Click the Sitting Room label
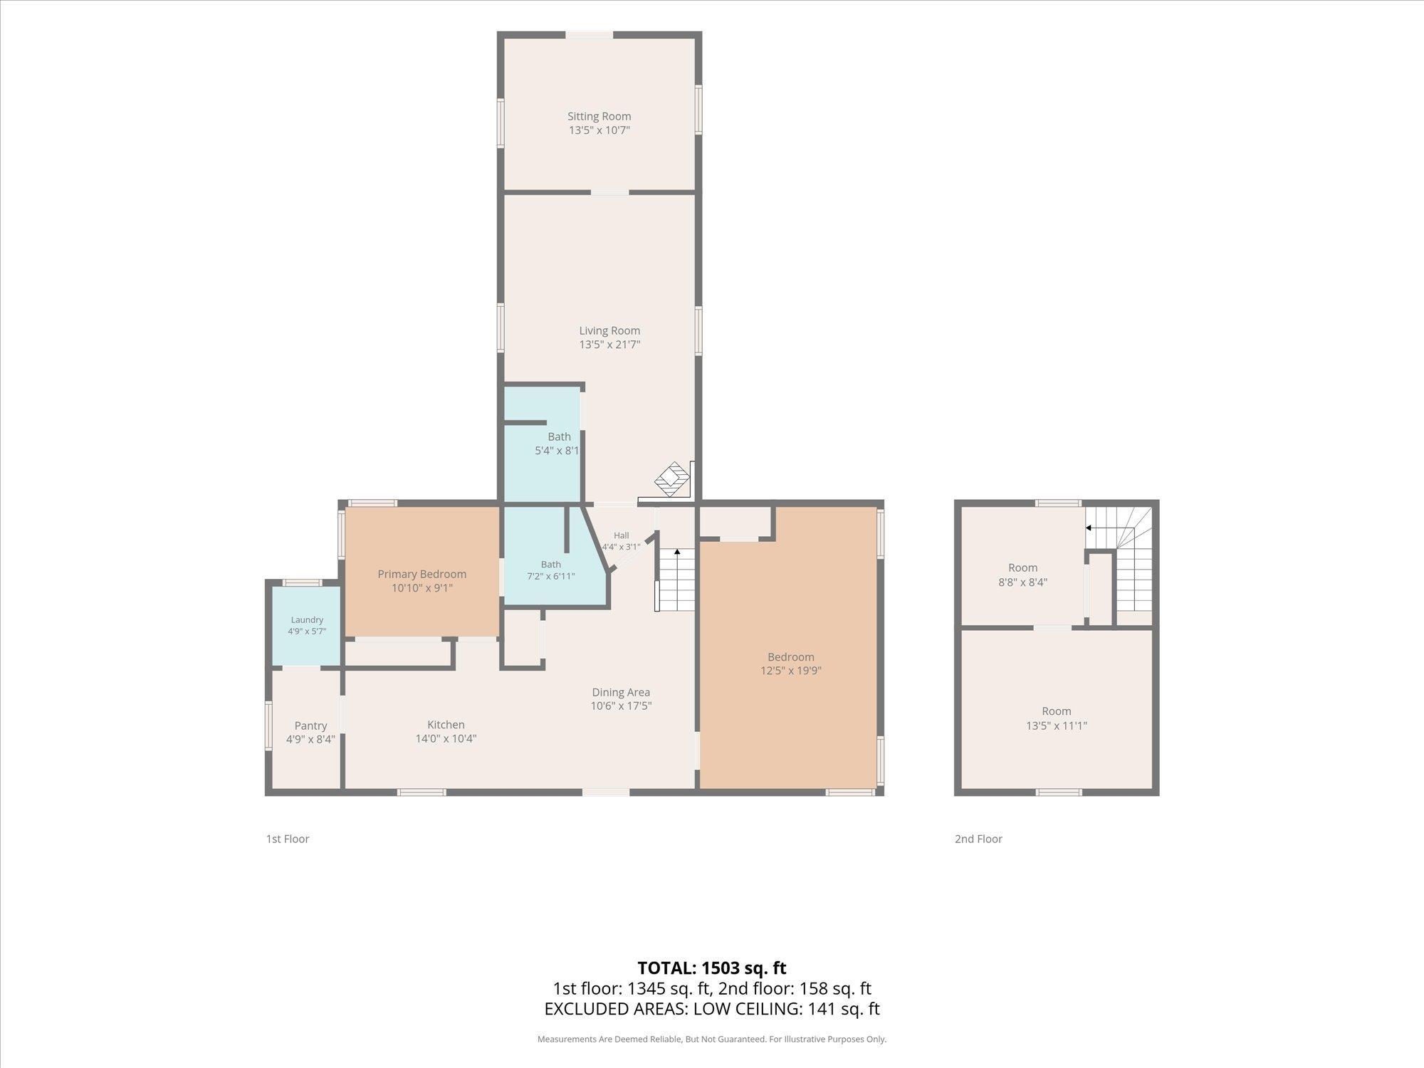(x=599, y=116)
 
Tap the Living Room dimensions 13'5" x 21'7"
(x=609, y=345)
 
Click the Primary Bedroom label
(x=422, y=574)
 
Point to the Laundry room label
(x=307, y=620)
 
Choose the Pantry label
(x=310, y=726)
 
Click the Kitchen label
(x=446, y=725)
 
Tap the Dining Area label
(x=621, y=692)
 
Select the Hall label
(x=622, y=535)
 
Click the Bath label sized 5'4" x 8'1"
(x=559, y=436)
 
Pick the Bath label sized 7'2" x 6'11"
(x=550, y=565)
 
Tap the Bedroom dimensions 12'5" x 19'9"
(x=791, y=671)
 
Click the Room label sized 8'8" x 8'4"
(x=1022, y=567)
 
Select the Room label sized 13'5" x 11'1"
(x=1057, y=711)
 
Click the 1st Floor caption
(x=288, y=839)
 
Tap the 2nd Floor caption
(x=978, y=839)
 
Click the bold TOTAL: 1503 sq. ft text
(x=712, y=968)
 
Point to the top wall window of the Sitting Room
(x=590, y=35)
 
